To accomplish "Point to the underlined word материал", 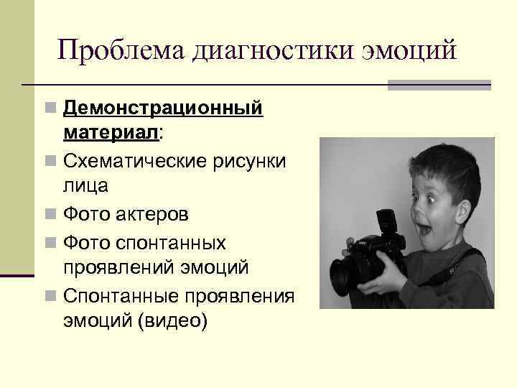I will pos(111,133).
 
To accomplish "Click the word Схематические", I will pos(134,161).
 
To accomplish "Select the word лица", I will pos(85,186).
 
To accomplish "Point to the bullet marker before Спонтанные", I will pos(50,295).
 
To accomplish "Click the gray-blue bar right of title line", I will pos(439,85).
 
